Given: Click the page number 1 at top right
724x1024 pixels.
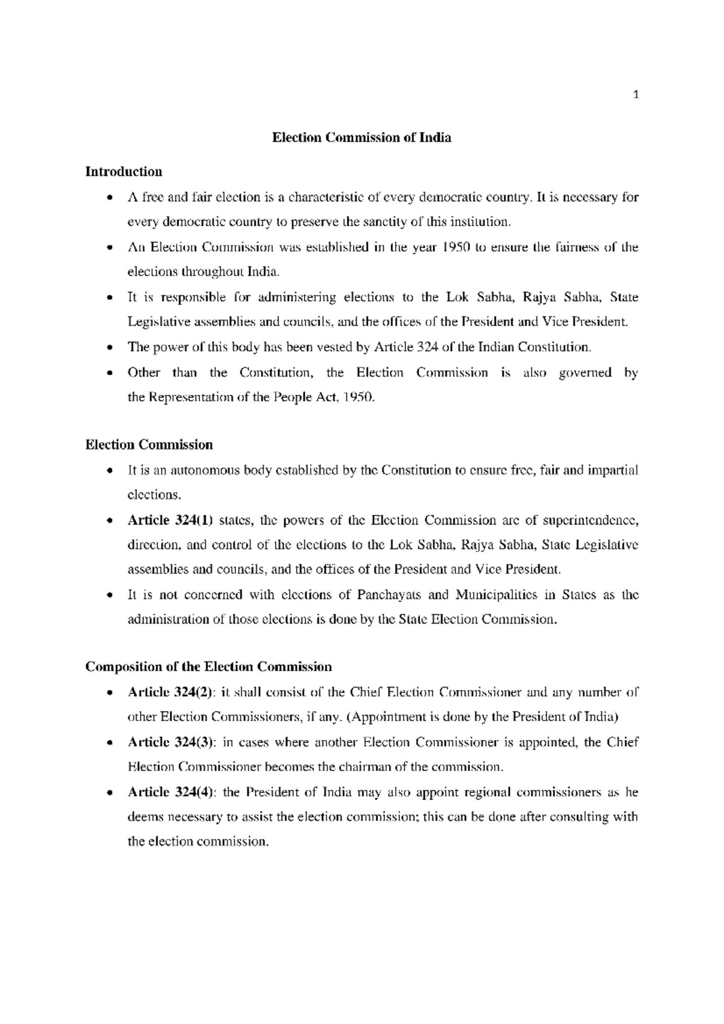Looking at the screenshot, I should [635, 94].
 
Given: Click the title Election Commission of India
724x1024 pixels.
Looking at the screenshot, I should [361, 137].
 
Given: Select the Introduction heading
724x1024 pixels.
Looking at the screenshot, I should [124, 172].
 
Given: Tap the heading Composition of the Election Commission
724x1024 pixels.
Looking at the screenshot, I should [209, 667].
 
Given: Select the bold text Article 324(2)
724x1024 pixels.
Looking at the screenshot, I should [171, 692].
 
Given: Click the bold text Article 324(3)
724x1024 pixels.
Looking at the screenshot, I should [171, 742].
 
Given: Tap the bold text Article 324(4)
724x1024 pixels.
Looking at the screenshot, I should [171, 792].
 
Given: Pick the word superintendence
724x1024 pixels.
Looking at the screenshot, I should [590, 520].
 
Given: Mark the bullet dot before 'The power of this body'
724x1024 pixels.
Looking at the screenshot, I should [109, 348].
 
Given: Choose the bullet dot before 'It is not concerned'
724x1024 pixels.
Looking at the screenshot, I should [109, 596].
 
